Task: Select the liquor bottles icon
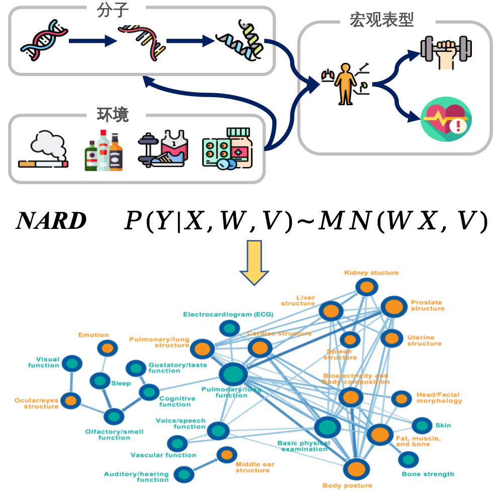[104, 150]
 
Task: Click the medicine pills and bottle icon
[227, 148]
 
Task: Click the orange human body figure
[346, 84]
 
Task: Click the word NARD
[52, 221]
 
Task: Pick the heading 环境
[113, 114]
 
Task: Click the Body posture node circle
[356, 468]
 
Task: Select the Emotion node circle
[107, 348]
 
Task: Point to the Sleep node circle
[100, 381]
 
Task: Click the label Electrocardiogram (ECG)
[228, 314]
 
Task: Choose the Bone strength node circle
[408, 459]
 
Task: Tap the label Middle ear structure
[253, 467]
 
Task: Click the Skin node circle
[422, 425]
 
